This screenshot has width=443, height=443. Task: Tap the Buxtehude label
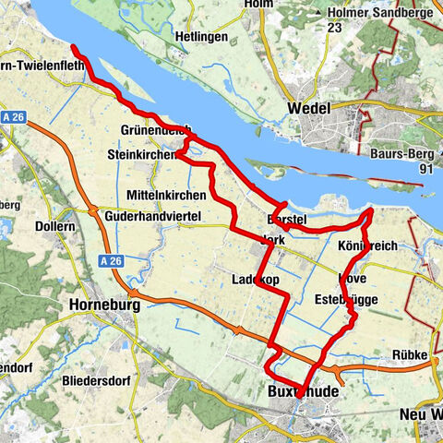click(302, 392)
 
